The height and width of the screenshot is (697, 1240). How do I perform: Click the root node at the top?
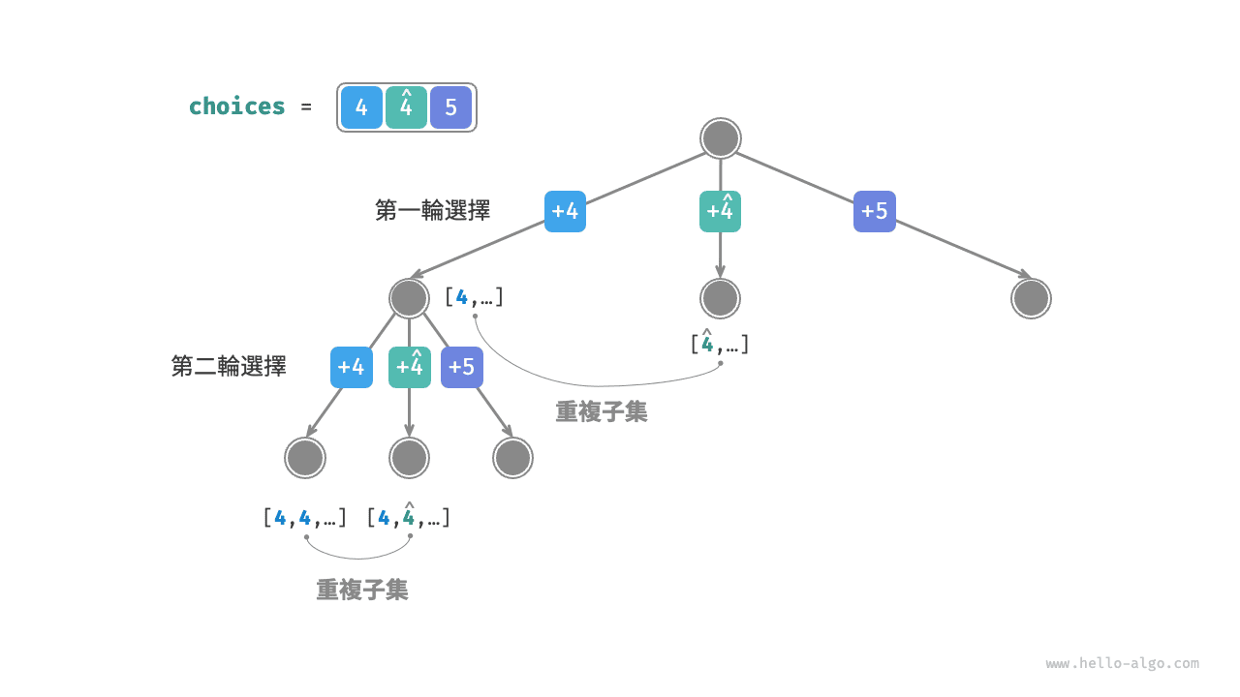pos(721,138)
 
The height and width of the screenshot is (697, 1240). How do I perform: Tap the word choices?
pos(237,106)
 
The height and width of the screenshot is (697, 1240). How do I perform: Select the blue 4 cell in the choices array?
pos(361,107)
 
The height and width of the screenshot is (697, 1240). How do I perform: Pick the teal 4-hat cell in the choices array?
pos(406,107)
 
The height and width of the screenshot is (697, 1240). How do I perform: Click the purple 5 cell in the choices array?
pos(450,107)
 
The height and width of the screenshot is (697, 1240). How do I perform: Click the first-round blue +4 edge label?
pos(565,211)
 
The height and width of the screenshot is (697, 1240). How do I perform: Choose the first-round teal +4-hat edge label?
pos(720,211)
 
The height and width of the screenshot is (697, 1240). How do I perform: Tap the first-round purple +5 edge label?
pos(875,211)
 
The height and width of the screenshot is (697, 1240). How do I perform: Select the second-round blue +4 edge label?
pos(351,367)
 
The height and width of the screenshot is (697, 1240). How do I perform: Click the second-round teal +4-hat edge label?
pos(410,367)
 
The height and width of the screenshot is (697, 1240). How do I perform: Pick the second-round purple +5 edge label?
pos(462,367)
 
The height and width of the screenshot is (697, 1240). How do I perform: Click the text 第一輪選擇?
pos(432,210)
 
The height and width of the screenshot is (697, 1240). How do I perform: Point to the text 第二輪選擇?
pos(229,366)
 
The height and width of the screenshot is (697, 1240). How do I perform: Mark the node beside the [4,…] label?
pos(409,298)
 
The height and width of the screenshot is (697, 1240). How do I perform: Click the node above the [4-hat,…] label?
pos(720,298)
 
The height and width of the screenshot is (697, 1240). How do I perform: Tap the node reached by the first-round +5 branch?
pos(1031,298)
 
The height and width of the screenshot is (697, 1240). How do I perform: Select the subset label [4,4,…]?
pos(304,518)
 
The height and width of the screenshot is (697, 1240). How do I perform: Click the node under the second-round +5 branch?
pos(512,458)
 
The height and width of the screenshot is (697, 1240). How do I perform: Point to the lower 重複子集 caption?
pos(362,590)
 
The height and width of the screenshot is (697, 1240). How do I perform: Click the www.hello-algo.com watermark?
pos(1122,664)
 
